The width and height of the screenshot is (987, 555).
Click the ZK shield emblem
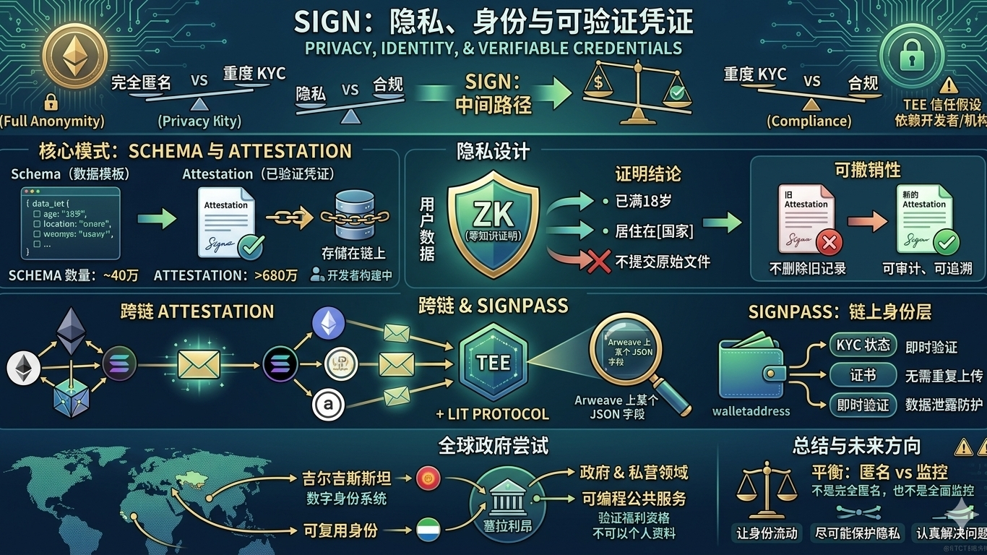coord(493,223)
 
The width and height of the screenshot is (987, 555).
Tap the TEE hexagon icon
coord(493,362)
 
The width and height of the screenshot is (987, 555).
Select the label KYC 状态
coord(863,345)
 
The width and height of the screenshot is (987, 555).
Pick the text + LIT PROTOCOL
coord(492,414)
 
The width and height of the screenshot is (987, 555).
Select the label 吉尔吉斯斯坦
coord(347,478)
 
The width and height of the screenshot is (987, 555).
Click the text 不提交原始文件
coord(663,262)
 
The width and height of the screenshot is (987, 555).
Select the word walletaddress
coord(751,411)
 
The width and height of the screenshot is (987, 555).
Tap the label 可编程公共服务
coord(634,499)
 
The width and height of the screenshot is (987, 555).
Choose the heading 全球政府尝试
coord(493,444)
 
